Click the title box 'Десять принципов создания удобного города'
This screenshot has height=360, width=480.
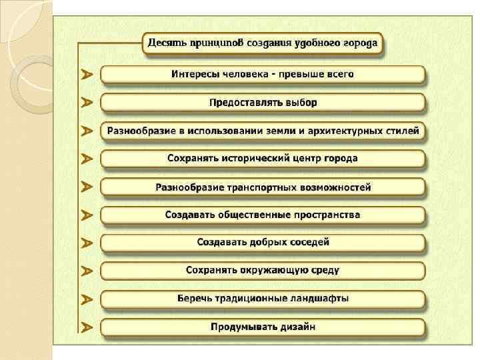tap(263, 44)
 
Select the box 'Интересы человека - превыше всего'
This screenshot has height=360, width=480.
tap(263, 74)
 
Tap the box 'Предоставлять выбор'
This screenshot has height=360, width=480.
tap(263, 103)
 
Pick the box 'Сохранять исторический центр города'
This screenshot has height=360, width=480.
tap(263, 159)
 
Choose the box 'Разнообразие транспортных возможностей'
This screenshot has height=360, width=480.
tap(263, 187)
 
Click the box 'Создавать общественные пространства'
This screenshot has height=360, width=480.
tap(263, 215)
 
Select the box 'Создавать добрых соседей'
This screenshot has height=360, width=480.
tap(263, 243)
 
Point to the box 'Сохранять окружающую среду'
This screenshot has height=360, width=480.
tap(263, 271)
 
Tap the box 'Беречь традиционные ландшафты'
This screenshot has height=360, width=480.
tap(263, 299)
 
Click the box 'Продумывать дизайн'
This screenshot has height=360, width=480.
tap(263, 327)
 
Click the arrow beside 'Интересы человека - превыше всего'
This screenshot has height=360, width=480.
tap(87, 75)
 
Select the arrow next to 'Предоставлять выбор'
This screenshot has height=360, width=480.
tap(87, 103)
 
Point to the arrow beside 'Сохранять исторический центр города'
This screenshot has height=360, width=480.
tap(87, 159)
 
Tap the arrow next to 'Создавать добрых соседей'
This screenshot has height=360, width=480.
tap(87, 243)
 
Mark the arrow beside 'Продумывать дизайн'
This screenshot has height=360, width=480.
tap(87, 327)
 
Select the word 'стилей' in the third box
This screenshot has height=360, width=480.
tap(403, 131)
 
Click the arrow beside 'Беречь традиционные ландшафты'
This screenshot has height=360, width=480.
tap(87, 299)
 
